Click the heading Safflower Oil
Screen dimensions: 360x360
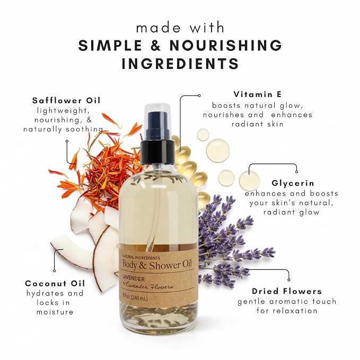pos(66,100)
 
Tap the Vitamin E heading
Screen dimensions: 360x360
pos(258,94)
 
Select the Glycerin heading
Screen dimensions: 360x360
pos(293,183)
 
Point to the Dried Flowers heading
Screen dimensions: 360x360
pos(287,291)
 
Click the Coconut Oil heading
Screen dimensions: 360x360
pos(55,283)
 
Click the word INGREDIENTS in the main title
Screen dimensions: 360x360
pos(180,64)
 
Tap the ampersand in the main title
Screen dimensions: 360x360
pos(156,45)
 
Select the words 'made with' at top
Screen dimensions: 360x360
pos(180,28)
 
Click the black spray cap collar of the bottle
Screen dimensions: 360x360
pos(158,152)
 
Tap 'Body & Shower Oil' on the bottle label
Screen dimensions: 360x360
pos(157,265)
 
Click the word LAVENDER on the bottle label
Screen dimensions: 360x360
pos(134,279)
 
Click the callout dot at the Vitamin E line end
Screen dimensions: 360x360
pos(199,95)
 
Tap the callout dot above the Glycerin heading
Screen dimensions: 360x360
pos(296,172)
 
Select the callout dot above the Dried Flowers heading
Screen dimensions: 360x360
pos(289,279)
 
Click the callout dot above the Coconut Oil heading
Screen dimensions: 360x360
pos(55,271)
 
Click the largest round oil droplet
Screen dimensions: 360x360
pos(218,151)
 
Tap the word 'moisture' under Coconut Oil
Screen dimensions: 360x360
pos(55,312)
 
